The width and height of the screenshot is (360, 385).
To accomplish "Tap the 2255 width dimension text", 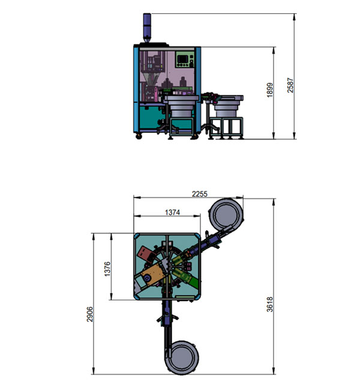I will click(x=200, y=193).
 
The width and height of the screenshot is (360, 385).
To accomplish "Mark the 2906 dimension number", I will click(x=89, y=315).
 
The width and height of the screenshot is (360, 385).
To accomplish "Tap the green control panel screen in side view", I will click(x=184, y=61).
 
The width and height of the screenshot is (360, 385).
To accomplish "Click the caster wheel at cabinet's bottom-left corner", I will click(x=139, y=138).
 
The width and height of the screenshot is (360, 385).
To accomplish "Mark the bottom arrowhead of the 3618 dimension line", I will click(x=274, y=371).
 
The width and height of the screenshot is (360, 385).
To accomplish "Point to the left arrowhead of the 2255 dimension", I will click(x=135, y=197).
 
